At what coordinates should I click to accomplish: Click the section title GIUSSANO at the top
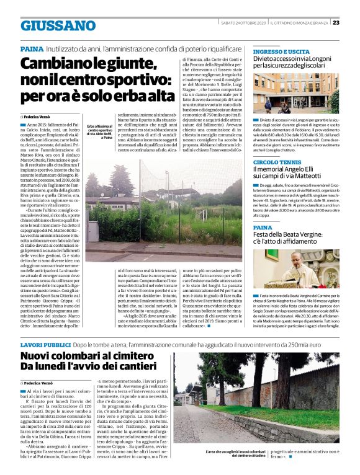(58, 25)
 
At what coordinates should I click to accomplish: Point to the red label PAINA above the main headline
(31, 48)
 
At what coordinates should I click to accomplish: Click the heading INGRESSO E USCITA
(281, 51)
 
